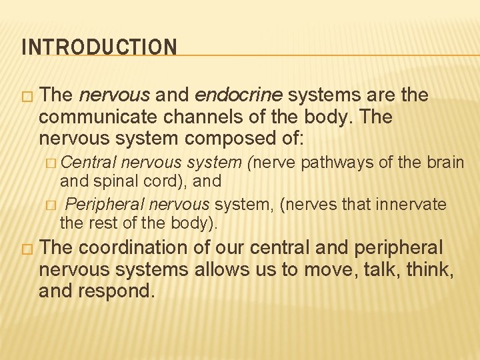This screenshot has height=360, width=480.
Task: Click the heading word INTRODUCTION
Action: coord(99,47)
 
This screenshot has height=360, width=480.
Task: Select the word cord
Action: coord(164,180)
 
